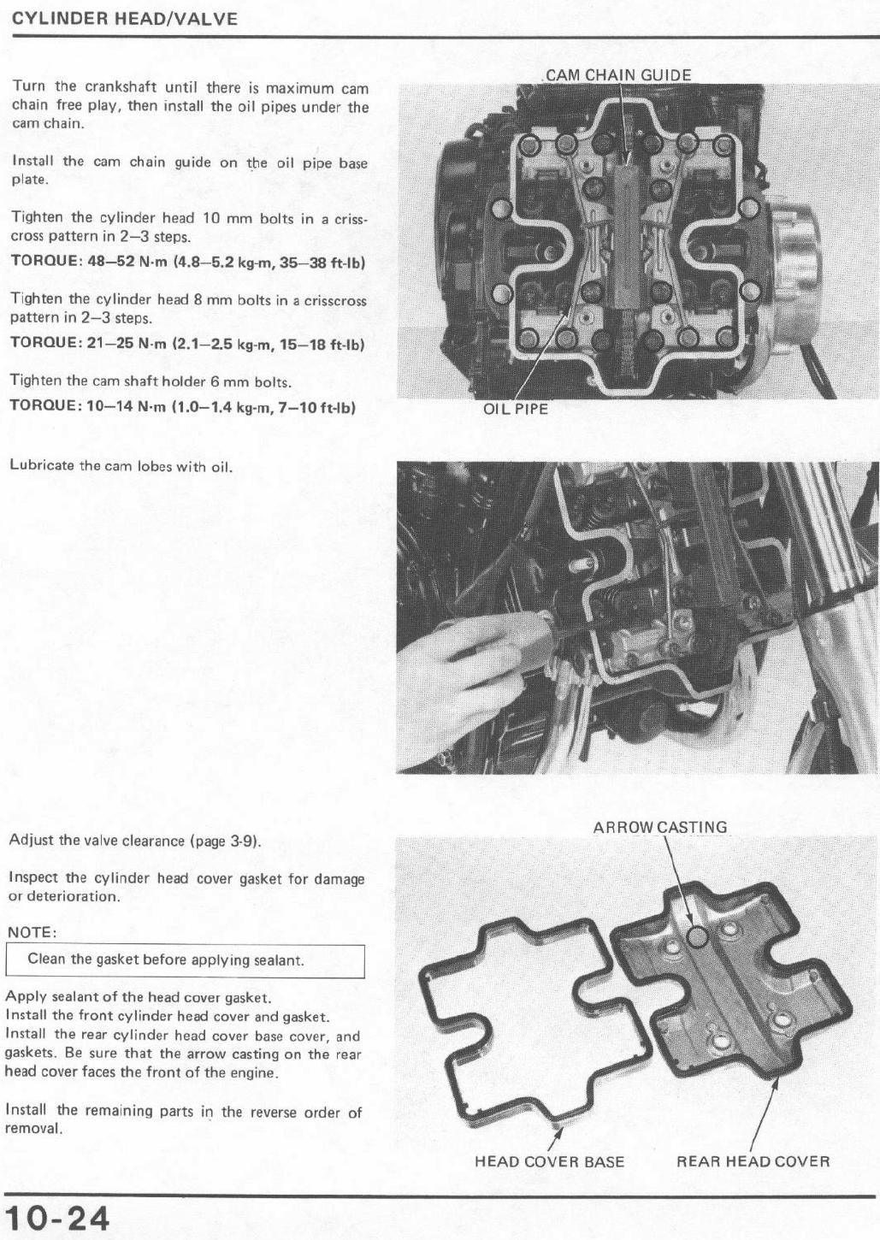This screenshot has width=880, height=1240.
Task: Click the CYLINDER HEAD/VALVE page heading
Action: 125,20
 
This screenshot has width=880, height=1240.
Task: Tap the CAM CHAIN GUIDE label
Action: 618,75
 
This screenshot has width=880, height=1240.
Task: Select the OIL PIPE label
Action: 516,409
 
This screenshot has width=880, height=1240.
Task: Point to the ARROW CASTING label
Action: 660,828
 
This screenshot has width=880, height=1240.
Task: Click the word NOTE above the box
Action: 32,933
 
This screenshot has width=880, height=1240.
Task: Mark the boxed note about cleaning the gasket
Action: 185,961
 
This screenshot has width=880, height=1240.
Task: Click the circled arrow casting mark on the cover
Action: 697,937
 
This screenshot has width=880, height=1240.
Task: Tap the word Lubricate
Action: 42,465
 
